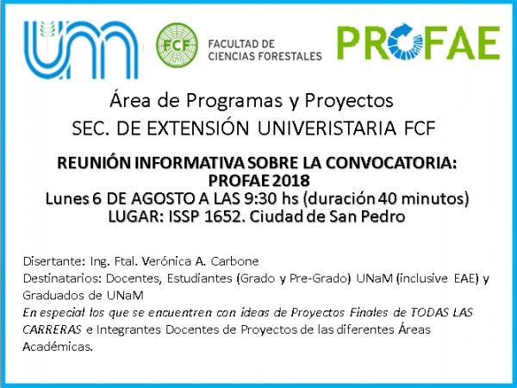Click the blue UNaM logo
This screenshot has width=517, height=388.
click(81, 49)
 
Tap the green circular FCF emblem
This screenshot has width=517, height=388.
click(177, 45)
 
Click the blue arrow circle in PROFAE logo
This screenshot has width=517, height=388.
click(401, 41)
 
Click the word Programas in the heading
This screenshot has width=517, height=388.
click(234, 101)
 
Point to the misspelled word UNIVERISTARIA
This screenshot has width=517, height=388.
click(327, 128)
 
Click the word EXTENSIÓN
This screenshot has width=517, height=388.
click(197, 128)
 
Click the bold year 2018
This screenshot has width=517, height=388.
click(291, 180)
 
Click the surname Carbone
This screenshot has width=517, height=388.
click(234, 261)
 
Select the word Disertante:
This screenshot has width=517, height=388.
click(54, 261)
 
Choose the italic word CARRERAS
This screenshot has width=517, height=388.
click(52, 329)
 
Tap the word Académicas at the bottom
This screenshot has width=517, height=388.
click(58, 347)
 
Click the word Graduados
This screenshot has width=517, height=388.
click(51, 295)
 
